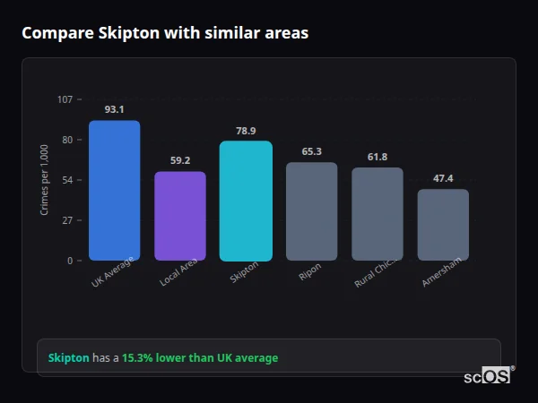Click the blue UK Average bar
(114, 191)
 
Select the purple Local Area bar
(180, 216)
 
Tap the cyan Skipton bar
(246, 201)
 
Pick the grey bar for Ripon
(311, 211)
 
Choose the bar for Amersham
(443, 225)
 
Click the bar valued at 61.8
(377, 214)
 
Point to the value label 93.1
(114, 109)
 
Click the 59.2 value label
(180, 160)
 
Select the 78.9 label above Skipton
(246, 131)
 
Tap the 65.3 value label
(311, 151)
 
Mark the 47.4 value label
(443, 178)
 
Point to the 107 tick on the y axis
(65, 99)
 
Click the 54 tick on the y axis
(67, 180)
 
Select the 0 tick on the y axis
(69, 261)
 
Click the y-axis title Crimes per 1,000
(45, 180)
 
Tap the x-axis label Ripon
(309, 272)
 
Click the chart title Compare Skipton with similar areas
(165, 33)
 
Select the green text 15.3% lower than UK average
(200, 358)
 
